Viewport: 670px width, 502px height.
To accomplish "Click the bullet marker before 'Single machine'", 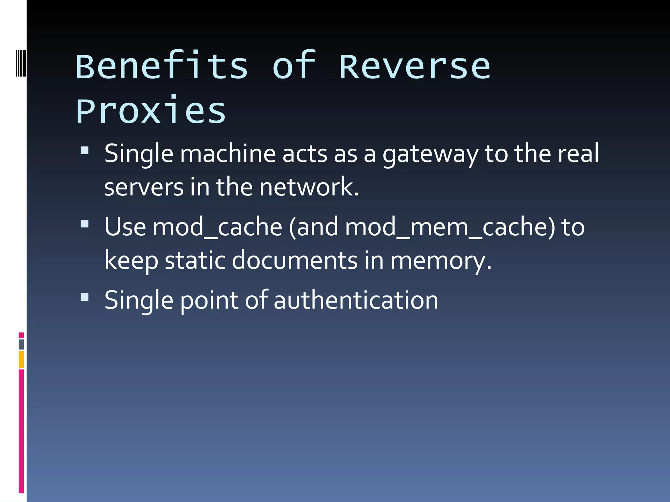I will pyautogui.click(x=85, y=150).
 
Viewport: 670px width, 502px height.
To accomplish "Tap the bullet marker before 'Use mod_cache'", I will pyautogui.click(x=85, y=224).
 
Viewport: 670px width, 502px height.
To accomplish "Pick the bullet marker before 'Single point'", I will pyautogui.click(x=85, y=297).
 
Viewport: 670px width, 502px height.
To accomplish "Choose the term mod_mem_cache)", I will pyautogui.click(x=450, y=227).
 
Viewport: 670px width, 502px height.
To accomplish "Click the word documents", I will pyautogui.click(x=294, y=260).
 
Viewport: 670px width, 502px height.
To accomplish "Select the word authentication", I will pyautogui.click(x=356, y=301).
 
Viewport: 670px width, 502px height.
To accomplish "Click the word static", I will pyautogui.click(x=195, y=260).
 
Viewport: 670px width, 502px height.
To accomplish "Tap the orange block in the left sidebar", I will pyautogui.click(x=21, y=359).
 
